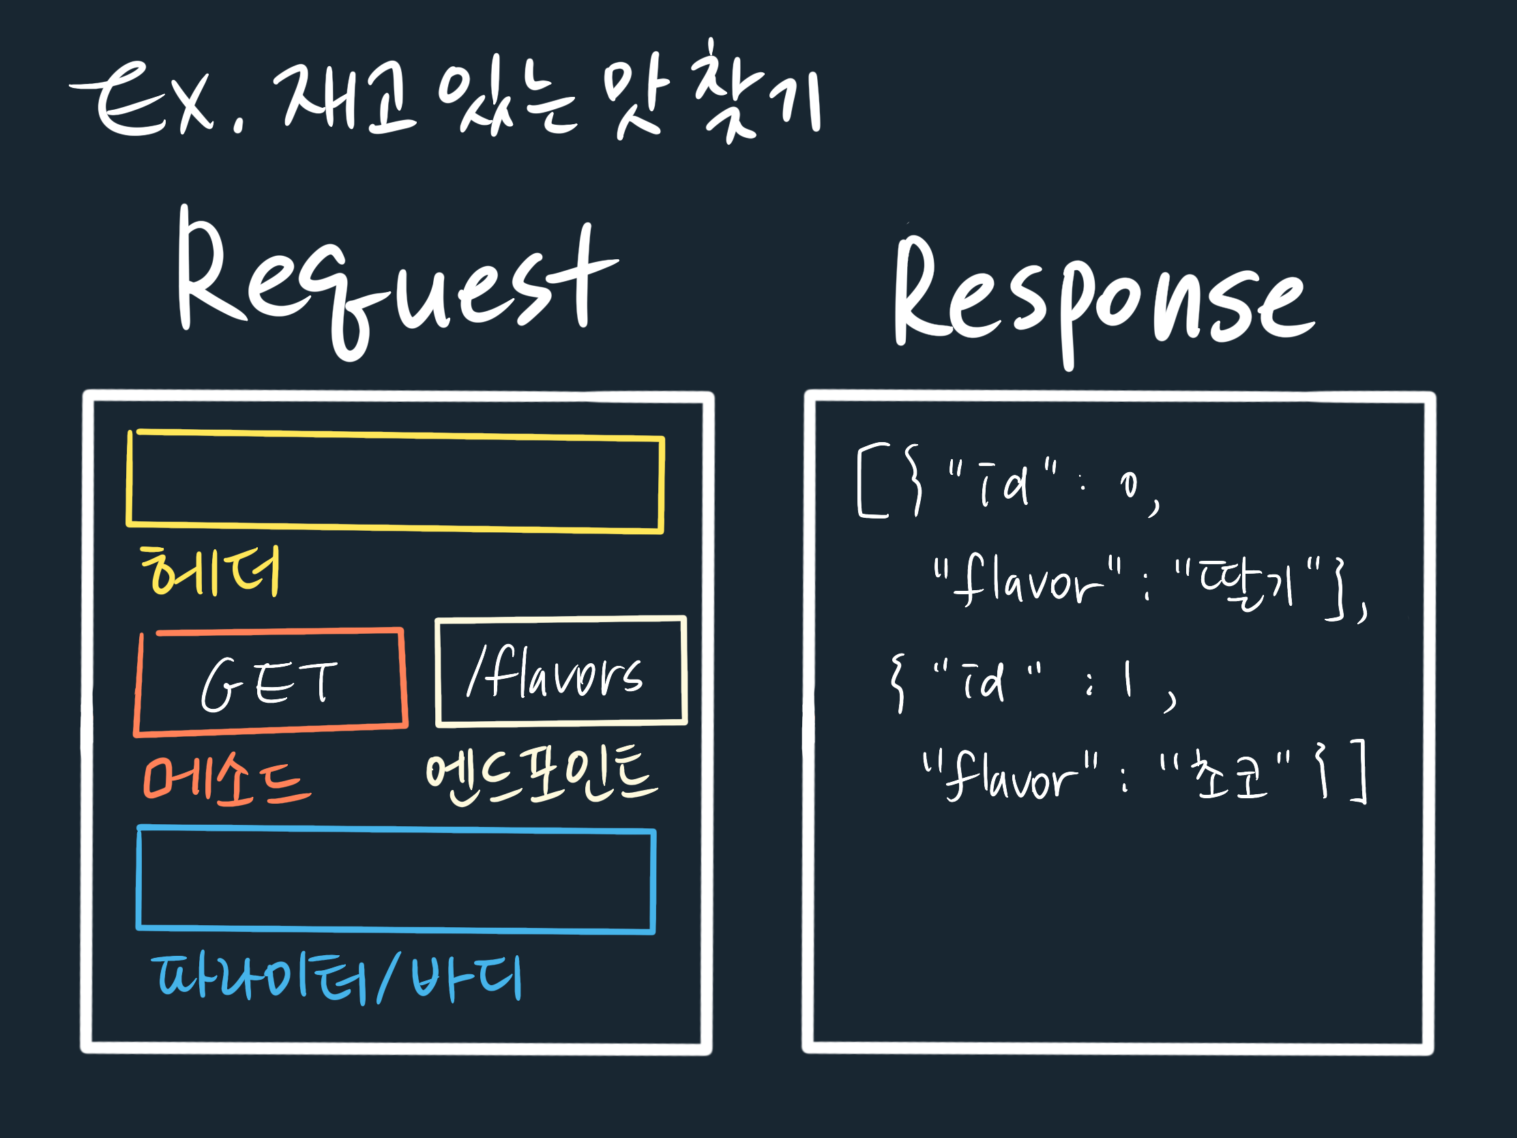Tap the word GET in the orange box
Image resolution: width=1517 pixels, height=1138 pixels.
269,684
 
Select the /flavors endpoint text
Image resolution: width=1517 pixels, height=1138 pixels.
555,675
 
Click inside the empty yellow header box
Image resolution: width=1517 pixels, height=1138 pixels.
395,482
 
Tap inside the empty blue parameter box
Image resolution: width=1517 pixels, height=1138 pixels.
396,880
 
